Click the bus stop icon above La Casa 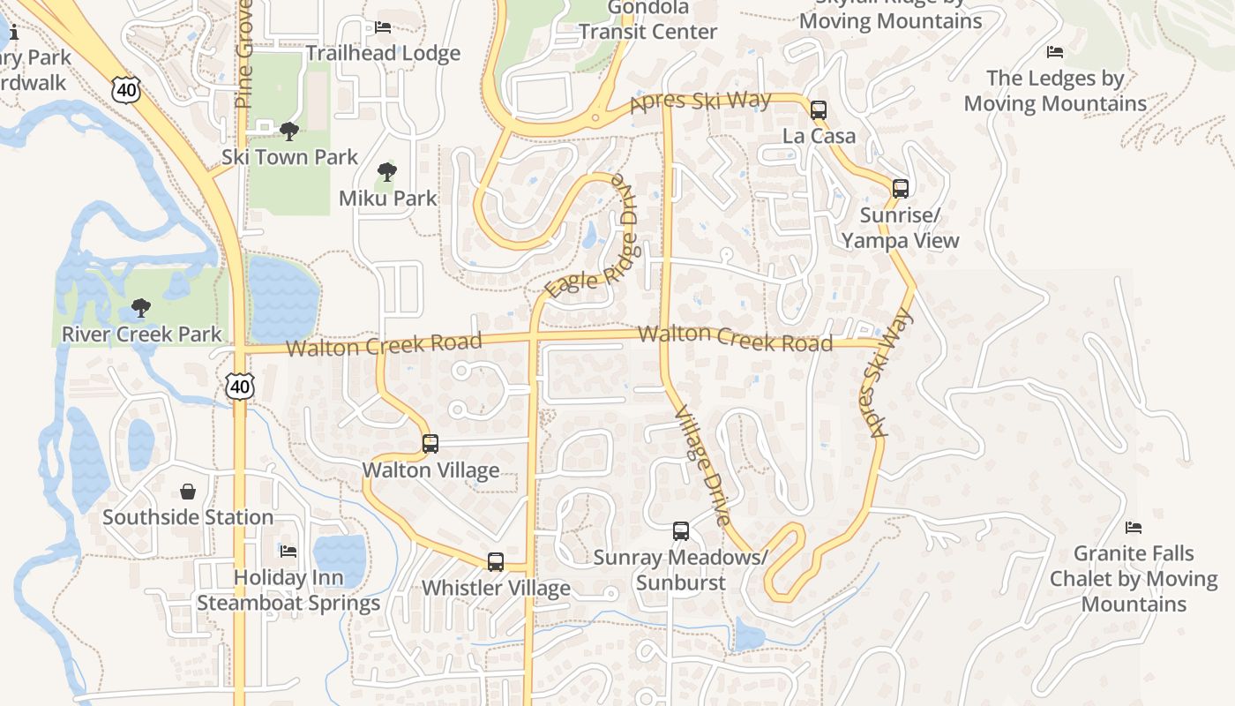(818, 110)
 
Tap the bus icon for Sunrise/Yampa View (900, 188)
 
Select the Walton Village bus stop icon (430, 444)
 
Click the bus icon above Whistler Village (496, 562)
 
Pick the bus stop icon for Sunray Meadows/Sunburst (680, 531)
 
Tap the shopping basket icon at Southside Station (188, 492)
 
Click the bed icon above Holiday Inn (288, 552)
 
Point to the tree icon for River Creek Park (140, 308)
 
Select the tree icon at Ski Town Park (288, 131)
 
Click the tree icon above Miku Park (386, 172)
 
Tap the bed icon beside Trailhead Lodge (383, 27)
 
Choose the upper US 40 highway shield (126, 88)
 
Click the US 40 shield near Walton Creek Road (239, 386)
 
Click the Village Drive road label (702, 465)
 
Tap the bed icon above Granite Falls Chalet (1134, 529)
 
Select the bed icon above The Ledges (1054, 53)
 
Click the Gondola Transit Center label (647, 19)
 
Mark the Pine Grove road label (244, 55)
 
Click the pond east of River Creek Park (282, 298)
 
